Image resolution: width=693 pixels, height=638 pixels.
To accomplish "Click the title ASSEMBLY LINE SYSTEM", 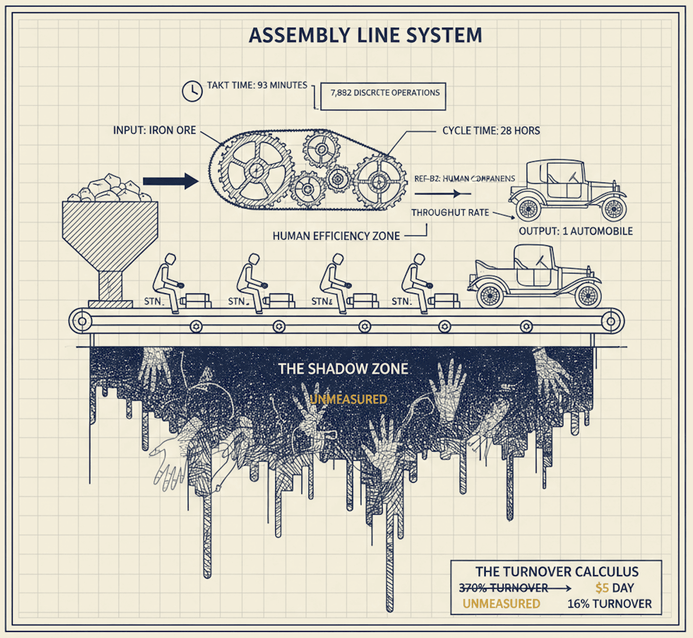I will [x=365, y=36].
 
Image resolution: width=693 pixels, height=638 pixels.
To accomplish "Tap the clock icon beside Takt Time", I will [x=192, y=91].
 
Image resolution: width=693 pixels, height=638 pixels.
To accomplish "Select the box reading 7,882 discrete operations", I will [x=383, y=96].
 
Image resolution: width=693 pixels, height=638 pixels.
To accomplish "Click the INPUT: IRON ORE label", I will [x=154, y=130].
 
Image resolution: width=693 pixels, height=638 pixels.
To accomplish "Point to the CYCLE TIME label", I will [x=491, y=131].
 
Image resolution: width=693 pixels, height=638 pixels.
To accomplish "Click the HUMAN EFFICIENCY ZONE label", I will [x=336, y=236].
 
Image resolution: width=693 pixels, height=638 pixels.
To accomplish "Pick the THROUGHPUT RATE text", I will [x=450, y=213].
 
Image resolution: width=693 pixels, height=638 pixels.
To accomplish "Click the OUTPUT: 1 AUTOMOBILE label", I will [x=576, y=231].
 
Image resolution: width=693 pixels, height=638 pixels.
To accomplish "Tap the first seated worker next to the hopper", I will [x=167, y=281].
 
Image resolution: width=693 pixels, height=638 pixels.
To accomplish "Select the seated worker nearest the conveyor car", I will [x=416, y=281].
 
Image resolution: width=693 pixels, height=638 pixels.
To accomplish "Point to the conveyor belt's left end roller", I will [x=82, y=322].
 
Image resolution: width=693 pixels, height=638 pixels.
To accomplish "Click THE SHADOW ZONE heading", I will [x=343, y=369].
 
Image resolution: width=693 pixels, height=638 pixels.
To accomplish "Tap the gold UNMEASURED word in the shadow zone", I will [x=348, y=399].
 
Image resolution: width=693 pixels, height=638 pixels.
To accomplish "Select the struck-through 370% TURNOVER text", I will [x=504, y=588].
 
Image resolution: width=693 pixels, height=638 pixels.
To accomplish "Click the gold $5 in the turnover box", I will [x=602, y=588].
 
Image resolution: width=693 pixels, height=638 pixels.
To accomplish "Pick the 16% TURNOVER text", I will [x=610, y=604].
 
